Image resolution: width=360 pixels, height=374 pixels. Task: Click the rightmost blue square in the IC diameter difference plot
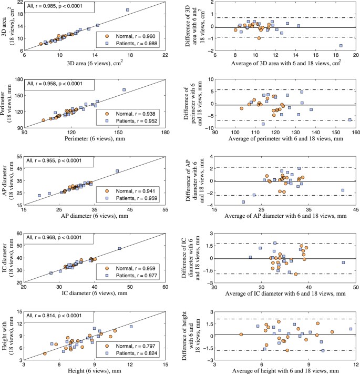click(343, 262)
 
